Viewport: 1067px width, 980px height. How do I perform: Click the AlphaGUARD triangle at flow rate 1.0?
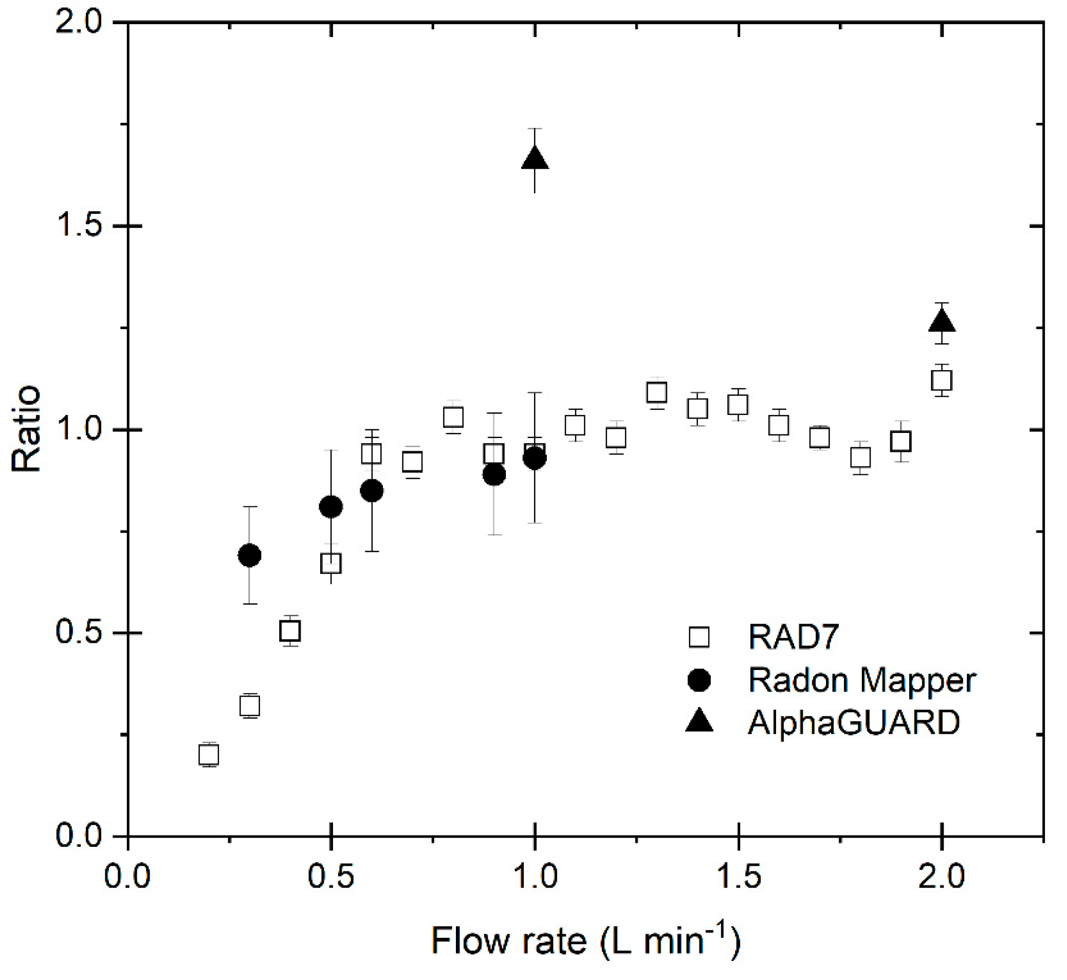point(535,158)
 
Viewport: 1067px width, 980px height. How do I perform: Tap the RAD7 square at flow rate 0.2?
point(209,755)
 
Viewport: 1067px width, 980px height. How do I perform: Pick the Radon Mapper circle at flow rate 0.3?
point(250,556)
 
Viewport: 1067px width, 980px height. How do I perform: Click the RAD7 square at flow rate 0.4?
point(290,631)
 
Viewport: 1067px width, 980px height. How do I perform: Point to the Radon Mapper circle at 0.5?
point(331,507)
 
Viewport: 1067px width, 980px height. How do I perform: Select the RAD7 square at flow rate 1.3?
point(657,393)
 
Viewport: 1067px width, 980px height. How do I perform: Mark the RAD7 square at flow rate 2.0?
point(942,380)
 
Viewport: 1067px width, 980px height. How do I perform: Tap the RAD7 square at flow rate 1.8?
point(860,457)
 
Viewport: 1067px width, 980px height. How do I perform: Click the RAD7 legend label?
point(794,637)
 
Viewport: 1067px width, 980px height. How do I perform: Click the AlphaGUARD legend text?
point(853,722)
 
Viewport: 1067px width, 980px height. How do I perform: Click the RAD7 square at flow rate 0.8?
point(453,418)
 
